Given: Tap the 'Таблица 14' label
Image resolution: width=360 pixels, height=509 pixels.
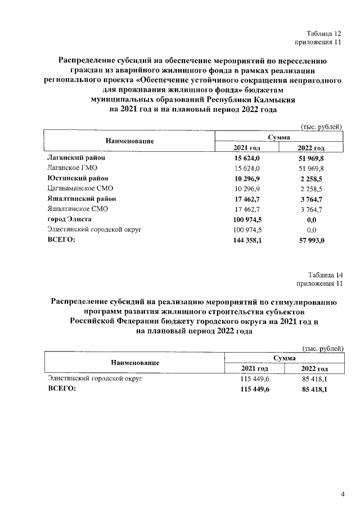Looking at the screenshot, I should (324, 275).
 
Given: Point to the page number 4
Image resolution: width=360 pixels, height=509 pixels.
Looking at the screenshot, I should (343, 494).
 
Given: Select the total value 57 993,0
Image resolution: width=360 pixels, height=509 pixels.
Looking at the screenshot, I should (312, 240).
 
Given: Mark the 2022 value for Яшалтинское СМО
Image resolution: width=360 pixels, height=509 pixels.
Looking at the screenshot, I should (312, 209).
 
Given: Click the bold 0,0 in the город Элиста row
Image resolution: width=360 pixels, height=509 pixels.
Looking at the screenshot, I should (312, 219).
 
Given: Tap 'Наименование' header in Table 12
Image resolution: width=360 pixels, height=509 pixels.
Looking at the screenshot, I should (129, 141).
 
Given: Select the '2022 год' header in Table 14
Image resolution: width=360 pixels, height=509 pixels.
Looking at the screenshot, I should (314, 369).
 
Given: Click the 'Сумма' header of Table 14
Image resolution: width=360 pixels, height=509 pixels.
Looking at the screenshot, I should (285, 358).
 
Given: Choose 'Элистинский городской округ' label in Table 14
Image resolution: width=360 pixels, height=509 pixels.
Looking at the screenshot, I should (95, 379).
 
